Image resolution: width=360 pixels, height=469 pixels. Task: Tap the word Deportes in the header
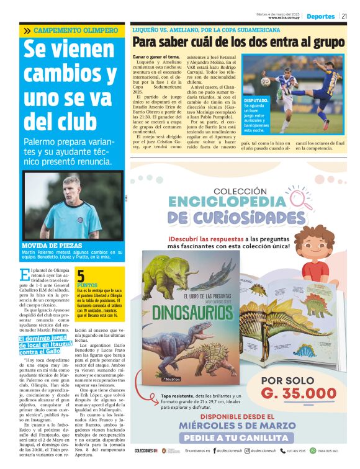(320, 16)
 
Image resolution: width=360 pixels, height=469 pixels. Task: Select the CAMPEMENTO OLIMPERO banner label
(75, 30)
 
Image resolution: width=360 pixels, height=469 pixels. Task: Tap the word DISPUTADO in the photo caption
(256, 100)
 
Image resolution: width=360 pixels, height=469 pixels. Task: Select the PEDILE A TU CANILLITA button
(237, 437)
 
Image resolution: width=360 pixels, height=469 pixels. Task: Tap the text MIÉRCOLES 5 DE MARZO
(237, 426)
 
